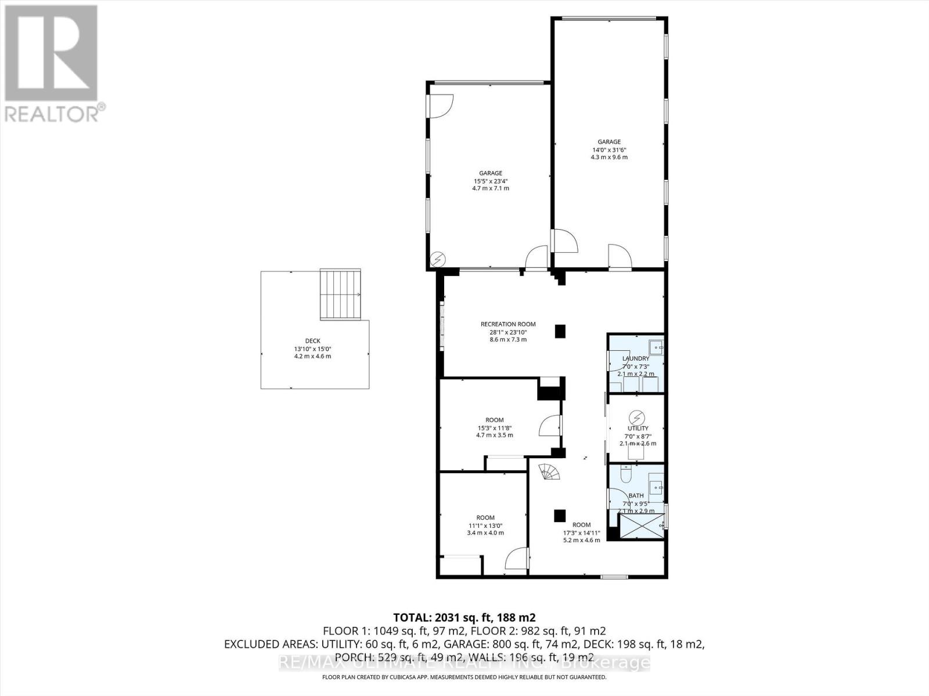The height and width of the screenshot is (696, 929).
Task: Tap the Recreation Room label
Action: pyautogui.click(x=508, y=331)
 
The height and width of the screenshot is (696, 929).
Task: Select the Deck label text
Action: pyautogui.click(x=312, y=348)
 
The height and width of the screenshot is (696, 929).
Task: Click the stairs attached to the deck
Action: pyautogui.click(x=341, y=294)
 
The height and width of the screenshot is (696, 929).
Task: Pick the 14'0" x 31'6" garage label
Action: pyautogui.click(x=609, y=149)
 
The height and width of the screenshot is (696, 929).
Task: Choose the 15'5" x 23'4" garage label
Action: pyautogui.click(x=491, y=180)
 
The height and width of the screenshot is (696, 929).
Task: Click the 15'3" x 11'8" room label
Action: pyautogui.click(x=495, y=427)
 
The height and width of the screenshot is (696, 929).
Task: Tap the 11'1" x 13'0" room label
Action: pyautogui.click(x=485, y=525)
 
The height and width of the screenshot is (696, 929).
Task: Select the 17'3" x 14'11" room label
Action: pyautogui.click(x=581, y=532)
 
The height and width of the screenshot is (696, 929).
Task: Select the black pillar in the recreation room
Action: pyautogui.click(x=560, y=331)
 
